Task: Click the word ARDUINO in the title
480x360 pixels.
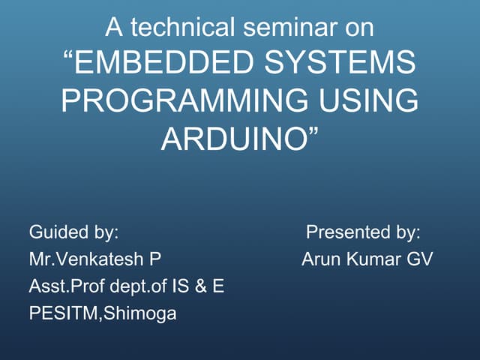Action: pos(234,139)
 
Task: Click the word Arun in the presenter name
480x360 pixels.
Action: pos(321,259)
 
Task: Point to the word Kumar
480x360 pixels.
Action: pos(372,259)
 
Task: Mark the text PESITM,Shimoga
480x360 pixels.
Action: pos(103,313)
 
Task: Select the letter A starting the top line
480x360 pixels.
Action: pos(113,28)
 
